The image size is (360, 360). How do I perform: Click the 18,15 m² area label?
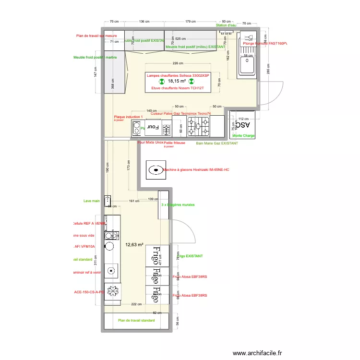(177, 82)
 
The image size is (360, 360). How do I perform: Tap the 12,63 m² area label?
(134, 245)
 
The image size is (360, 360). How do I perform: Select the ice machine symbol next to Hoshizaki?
(155, 169)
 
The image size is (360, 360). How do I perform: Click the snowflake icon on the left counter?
(113, 290)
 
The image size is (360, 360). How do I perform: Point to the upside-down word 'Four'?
(152, 127)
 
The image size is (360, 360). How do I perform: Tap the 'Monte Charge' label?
(243, 136)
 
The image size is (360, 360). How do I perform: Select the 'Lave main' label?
(91, 201)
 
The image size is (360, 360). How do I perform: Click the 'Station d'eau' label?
(226, 25)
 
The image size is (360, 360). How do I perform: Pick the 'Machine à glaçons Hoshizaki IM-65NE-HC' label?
(196, 170)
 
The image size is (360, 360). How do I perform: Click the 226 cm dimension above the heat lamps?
(178, 64)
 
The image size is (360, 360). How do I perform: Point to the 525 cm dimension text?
(180, 39)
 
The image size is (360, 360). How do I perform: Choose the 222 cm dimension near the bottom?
(136, 304)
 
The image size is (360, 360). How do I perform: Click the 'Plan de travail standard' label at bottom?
(136, 320)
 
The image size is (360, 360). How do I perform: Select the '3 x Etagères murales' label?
(178, 205)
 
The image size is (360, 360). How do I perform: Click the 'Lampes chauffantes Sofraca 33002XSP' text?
(178, 75)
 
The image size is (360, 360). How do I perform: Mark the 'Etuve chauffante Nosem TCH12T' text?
(178, 88)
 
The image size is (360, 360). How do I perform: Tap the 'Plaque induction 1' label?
(128, 117)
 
